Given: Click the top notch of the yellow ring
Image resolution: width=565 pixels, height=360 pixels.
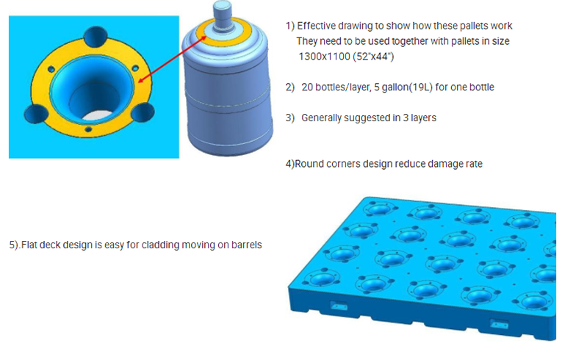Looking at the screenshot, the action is [x=96, y=37].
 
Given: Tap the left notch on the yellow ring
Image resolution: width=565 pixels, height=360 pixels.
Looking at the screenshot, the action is [x=36, y=113].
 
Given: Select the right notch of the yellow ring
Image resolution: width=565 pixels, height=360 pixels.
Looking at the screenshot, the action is [x=143, y=112].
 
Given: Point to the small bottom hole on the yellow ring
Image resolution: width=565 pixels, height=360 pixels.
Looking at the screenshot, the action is [x=88, y=129].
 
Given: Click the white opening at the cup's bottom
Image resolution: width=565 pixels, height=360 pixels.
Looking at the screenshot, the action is [x=98, y=115].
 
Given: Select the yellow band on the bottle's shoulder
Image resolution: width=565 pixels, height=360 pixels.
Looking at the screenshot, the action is [x=223, y=33].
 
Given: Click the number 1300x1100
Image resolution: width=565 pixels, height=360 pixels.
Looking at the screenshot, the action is [x=325, y=57].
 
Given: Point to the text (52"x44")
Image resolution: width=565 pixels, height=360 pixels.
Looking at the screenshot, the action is [x=373, y=57].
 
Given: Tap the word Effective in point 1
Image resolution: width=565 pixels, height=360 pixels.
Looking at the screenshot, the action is [x=317, y=26].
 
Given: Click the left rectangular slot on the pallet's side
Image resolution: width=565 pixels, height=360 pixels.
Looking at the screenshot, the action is [x=339, y=306].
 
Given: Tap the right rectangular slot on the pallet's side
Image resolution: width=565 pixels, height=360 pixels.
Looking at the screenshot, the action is [x=500, y=323].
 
